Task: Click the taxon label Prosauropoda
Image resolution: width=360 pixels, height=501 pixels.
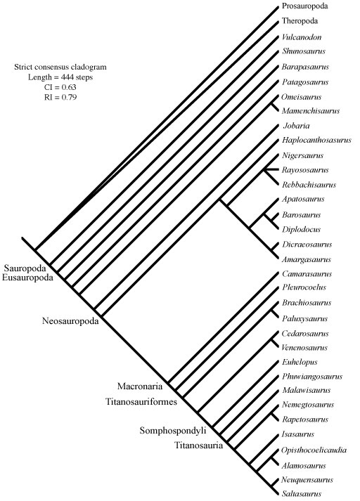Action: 304,6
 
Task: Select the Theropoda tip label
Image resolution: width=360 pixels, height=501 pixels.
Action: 300,21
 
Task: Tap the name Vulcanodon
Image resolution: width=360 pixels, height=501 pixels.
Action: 302,37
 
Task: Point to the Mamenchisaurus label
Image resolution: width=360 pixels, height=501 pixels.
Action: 311,111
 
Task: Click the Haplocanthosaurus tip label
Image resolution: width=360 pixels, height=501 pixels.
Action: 316,140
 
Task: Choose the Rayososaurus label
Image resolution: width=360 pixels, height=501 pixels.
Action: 305,169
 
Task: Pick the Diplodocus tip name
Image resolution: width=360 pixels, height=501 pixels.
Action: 301,229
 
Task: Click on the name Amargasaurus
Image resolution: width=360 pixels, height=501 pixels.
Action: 306,259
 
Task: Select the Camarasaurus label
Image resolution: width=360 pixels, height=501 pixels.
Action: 307,274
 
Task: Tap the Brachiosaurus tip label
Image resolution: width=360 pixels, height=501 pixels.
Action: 307,303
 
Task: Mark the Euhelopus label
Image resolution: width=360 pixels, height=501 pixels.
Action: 300,362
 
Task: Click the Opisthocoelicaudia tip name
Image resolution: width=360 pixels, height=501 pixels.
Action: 314,450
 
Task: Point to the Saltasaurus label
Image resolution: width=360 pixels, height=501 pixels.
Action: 301,494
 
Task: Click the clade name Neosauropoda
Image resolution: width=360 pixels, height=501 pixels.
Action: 70,321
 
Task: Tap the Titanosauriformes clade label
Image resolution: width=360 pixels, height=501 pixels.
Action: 141,402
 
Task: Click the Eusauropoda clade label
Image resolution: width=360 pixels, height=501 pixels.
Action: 27,278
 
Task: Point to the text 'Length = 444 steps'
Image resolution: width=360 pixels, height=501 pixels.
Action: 60,77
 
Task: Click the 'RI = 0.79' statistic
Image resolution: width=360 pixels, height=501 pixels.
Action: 60,97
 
